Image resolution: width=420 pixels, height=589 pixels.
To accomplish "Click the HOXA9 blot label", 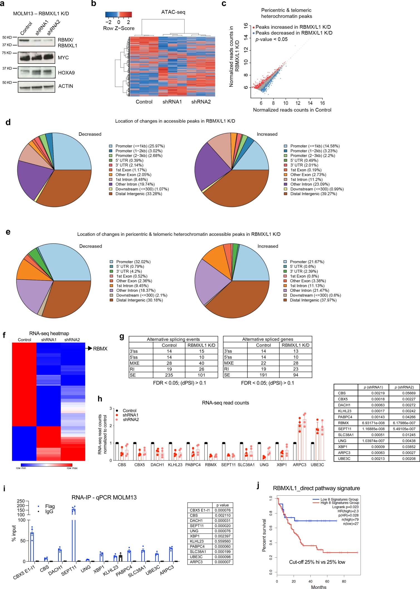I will (66, 73).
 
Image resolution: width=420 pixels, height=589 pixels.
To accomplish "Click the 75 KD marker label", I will (7, 53).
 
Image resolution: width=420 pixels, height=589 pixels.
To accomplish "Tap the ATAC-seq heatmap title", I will (173, 12).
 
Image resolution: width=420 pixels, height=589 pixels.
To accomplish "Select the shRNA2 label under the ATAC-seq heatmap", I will (201, 102).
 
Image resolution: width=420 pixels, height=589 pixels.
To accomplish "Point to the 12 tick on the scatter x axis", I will (298, 103).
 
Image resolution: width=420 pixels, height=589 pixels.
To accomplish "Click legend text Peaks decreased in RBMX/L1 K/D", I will (294, 33).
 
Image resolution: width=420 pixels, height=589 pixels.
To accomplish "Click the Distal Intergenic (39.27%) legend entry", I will (313, 194).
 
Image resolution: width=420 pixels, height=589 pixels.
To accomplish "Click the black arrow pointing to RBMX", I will (89, 348).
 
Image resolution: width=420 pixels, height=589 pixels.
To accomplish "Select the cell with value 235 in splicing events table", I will (169, 375).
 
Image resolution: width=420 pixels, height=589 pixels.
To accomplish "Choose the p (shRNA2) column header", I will (404, 387).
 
